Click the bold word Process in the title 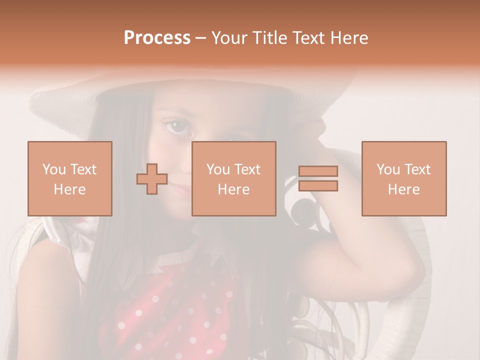(x=157, y=38)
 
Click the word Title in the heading (x=268, y=38)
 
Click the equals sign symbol (x=318, y=178)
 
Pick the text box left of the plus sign (x=70, y=178)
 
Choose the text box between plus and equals (x=234, y=178)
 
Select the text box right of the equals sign (x=404, y=178)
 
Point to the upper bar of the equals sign (x=318, y=171)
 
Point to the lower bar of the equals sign (x=318, y=186)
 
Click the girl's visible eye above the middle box (x=178, y=127)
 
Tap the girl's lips (x=181, y=189)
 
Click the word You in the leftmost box (x=53, y=169)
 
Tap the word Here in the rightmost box (x=404, y=189)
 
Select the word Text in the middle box (x=247, y=169)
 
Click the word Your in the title (x=229, y=38)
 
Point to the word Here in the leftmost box (x=70, y=189)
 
